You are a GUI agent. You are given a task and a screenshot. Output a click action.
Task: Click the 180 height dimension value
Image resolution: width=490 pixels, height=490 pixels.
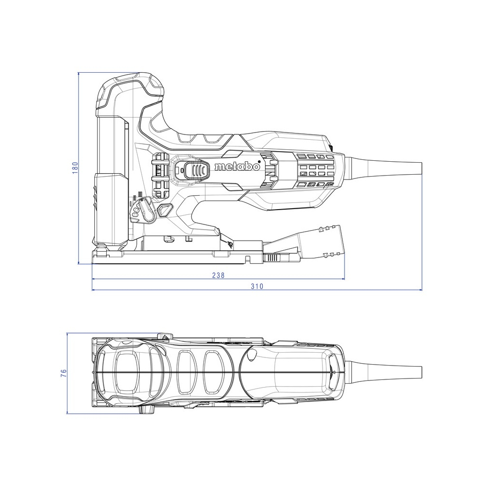tap(75, 168)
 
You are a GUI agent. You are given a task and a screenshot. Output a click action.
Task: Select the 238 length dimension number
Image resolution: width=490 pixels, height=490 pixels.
tap(218, 275)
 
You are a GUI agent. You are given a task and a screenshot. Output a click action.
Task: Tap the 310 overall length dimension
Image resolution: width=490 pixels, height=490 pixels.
tap(257, 286)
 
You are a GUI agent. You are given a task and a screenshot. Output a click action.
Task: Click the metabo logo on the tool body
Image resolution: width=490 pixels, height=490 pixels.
tap(237, 167)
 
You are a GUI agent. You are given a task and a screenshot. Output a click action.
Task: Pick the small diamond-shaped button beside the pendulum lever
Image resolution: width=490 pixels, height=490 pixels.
tap(166, 210)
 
